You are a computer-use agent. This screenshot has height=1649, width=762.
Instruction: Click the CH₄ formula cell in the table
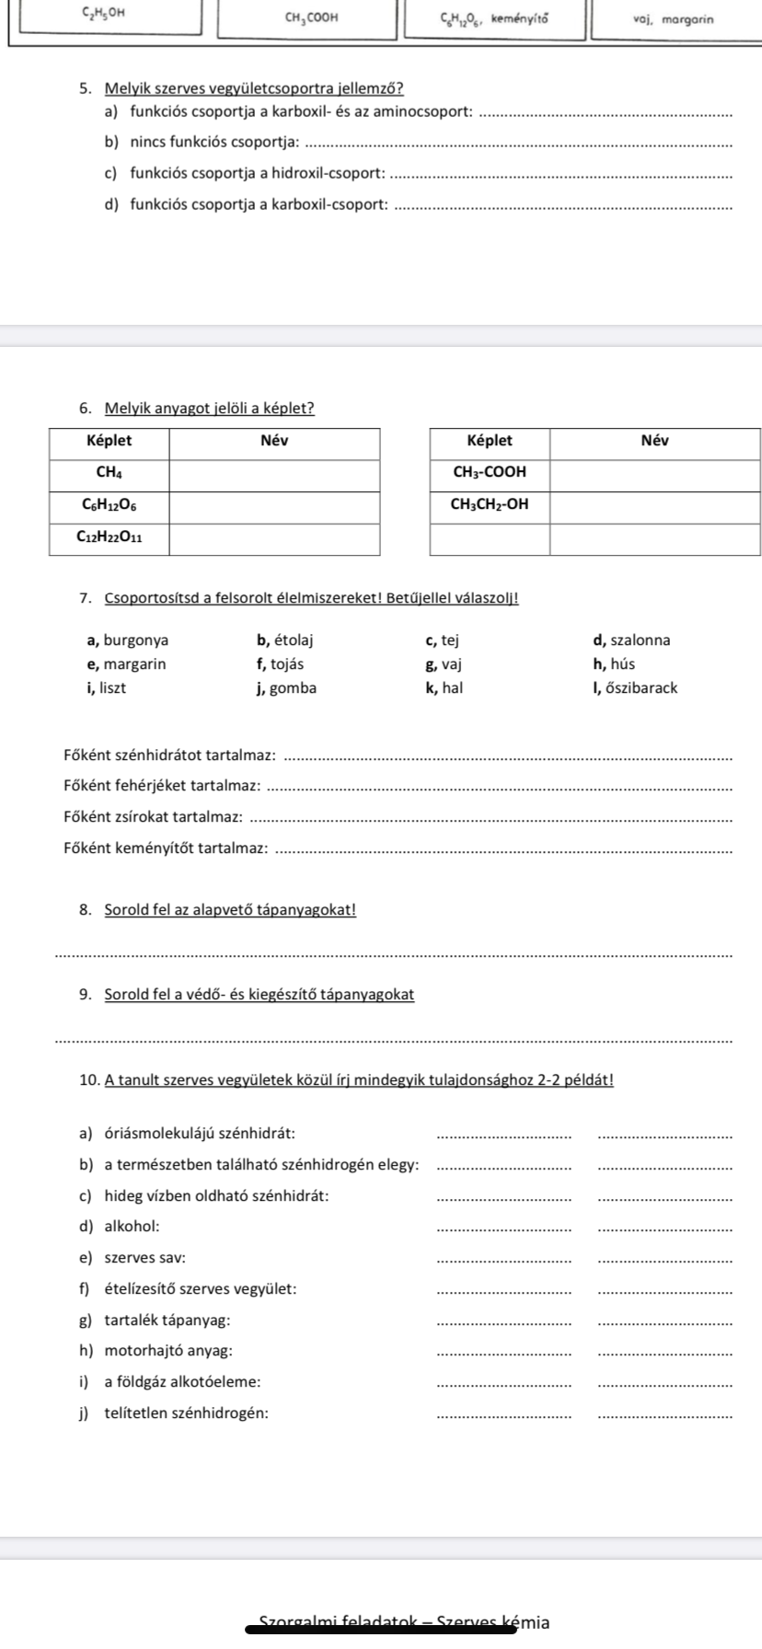[x=109, y=472]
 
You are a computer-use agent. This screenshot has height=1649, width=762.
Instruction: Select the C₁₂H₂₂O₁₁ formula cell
[x=109, y=538]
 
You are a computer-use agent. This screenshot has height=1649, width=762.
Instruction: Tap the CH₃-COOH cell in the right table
[x=490, y=472]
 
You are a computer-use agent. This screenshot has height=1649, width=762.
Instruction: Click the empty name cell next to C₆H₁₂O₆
[x=274, y=505]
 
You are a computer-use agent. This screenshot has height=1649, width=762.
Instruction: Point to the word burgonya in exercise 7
[x=135, y=640]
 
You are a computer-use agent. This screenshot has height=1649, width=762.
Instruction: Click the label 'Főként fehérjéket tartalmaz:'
[x=162, y=785]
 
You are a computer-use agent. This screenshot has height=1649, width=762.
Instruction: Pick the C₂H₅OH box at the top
[x=104, y=16]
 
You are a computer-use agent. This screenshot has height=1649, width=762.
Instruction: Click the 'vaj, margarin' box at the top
[x=673, y=17]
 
